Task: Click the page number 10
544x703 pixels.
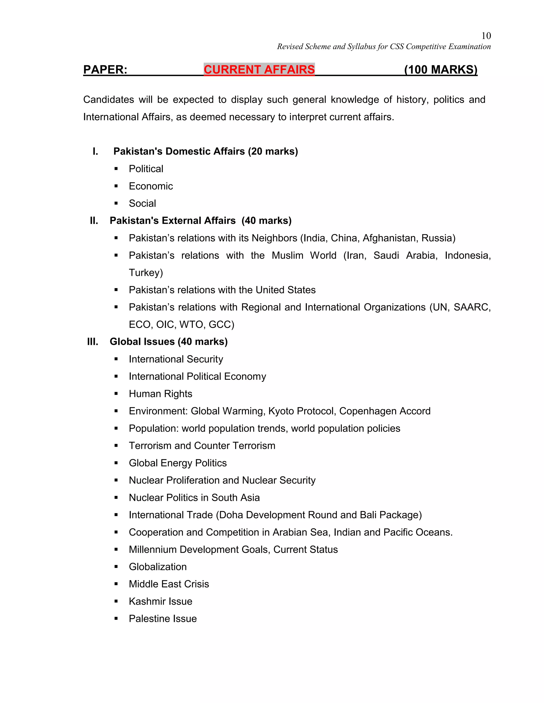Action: click(486, 36)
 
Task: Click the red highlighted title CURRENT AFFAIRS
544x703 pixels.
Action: click(259, 70)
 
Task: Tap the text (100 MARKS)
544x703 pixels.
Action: click(441, 70)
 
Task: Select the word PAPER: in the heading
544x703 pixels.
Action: click(105, 70)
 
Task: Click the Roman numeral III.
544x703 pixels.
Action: click(92, 341)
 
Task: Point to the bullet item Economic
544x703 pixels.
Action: click(151, 186)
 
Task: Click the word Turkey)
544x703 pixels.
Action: click(146, 273)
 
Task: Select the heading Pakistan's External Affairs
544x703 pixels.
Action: click(173, 220)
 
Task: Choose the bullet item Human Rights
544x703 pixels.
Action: click(160, 394)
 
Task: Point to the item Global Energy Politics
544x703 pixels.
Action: click(178, 463)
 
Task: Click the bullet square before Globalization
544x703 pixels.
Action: click(116, 567)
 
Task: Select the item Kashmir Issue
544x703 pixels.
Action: click(160, 601)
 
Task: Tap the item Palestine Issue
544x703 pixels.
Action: click(163, 619)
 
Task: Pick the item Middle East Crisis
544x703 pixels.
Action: click(169, 584)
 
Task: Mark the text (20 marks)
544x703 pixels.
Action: click(273, 151)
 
